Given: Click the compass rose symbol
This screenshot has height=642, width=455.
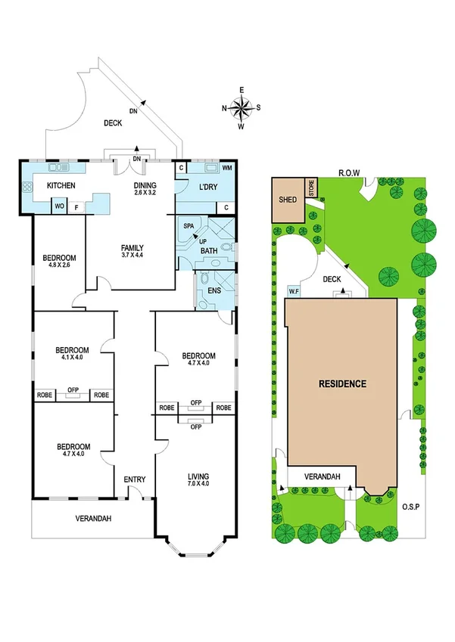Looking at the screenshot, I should pyautogui.click(x=241, y=107).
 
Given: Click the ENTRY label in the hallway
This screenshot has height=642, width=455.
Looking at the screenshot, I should pyautogui.click(x=134, y=479).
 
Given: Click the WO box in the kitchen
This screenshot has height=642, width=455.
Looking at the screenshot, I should pyautogui.click(x=58, y=204).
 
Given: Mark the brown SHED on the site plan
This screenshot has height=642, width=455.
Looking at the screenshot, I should pyautogui.click(x=287, y=200).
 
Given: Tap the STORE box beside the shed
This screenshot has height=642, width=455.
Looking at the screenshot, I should pyautogui.click(x=310, y=188).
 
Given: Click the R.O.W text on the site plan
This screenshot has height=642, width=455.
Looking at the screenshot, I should pyautogui.click(x=348, y=172).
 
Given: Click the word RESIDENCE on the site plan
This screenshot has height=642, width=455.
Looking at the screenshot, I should pyautogui.click(x=341, y=383).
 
